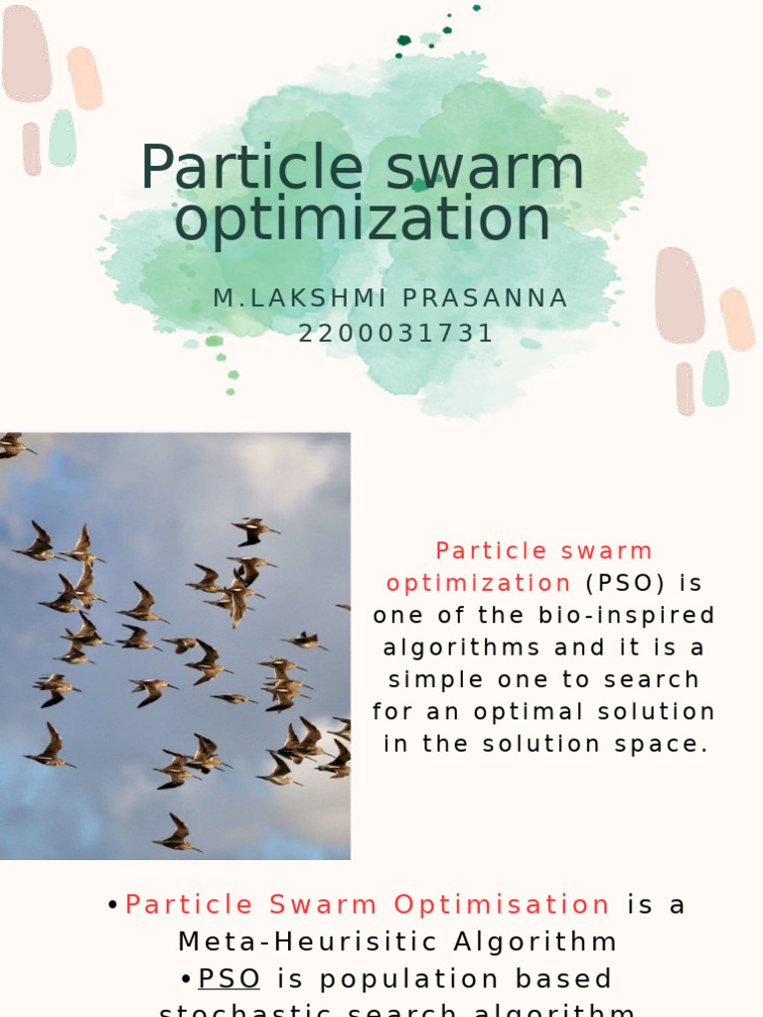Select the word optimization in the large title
(x=362, y=219)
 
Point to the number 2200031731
(x=396, y=334)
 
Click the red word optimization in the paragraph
(x=479, y=583)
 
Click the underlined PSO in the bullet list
(x=229, y=978)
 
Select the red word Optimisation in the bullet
(x=502, y=905)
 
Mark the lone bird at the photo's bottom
(x=177, y=834)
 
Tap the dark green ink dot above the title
(x=404, y=41)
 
